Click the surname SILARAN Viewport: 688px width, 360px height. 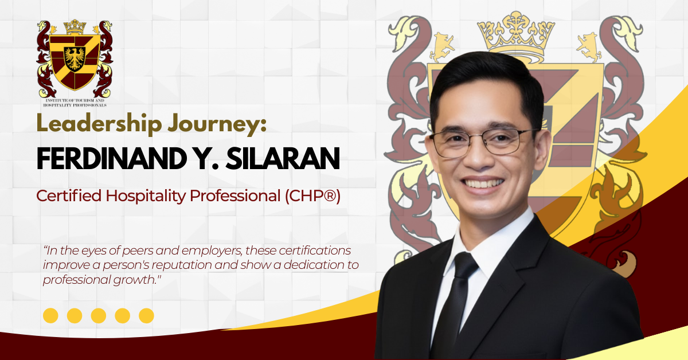[283, 158]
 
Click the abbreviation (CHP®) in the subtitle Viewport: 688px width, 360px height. [312, 196]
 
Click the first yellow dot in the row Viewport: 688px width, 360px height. [50, 316]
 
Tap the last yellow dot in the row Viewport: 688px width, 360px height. [147, 316]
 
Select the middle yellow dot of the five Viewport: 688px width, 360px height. [99, 316]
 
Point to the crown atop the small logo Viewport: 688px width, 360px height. [75, 27]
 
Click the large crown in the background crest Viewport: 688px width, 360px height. [516, 34]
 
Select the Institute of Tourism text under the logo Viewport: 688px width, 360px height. [75, 103]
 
